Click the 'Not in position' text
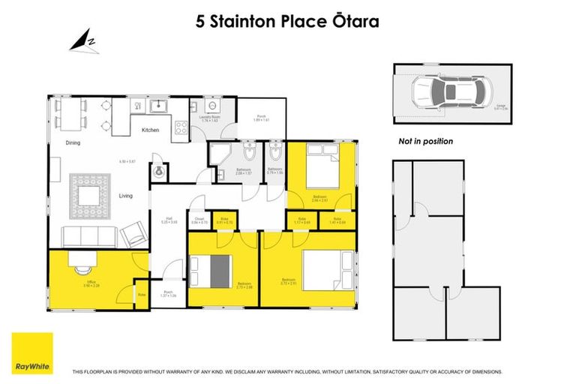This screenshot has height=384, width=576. coord(425,141)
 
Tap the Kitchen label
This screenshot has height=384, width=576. coord(151,130)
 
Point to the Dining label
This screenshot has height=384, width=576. coord(72,142)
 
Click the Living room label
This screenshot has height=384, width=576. coord(125,196)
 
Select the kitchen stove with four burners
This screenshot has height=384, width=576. coord(182,127)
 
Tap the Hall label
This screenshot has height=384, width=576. coord(169,220)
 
